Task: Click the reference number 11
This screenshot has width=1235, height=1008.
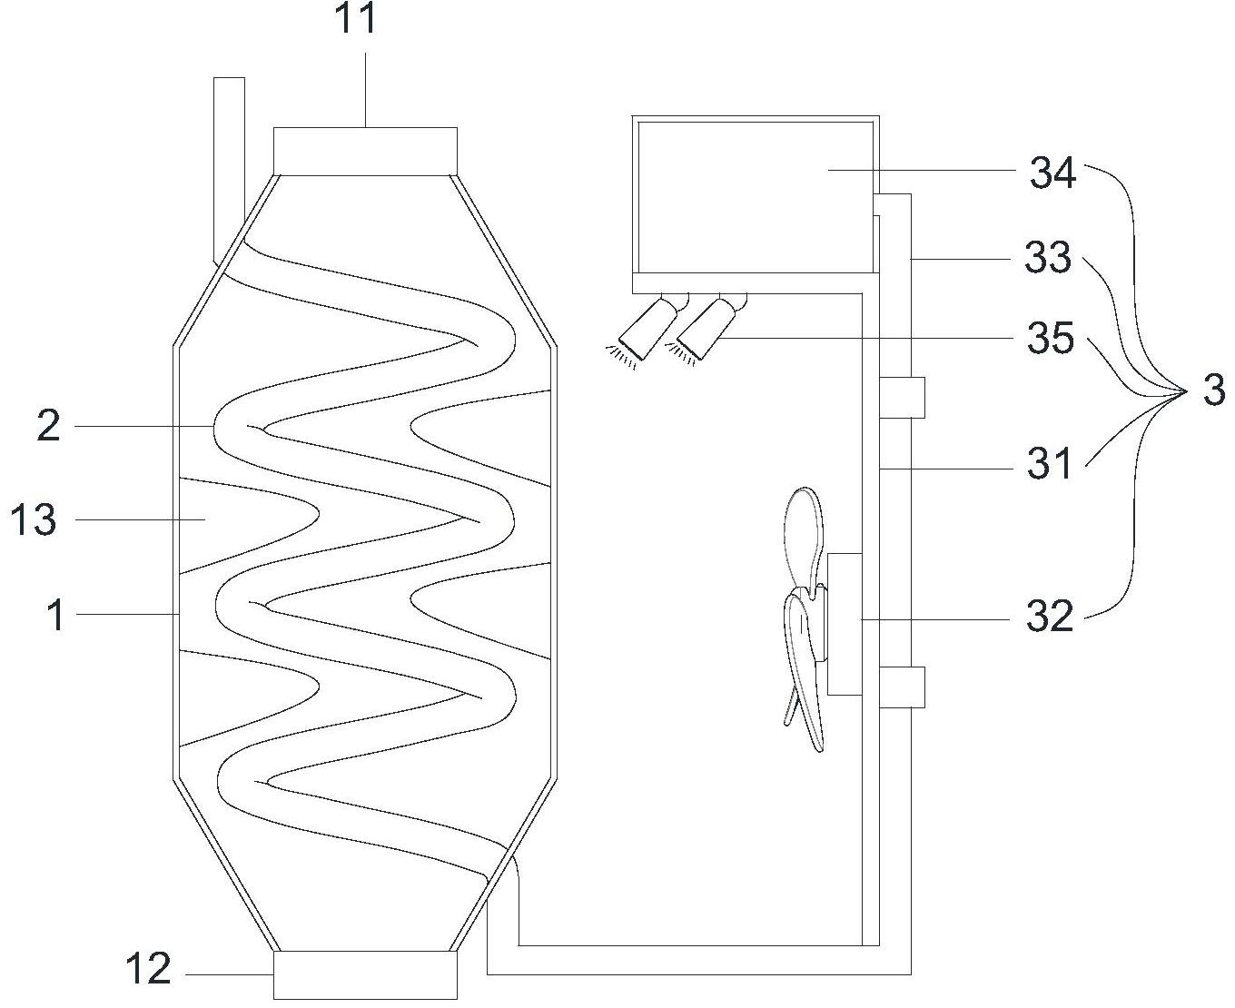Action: pos(357,19)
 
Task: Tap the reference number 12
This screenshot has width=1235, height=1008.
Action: pos(148,970)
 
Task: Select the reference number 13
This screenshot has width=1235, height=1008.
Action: pos(34,520)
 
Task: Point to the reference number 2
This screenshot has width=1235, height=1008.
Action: pos(48,426)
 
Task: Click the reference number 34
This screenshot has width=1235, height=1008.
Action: pos(1052,173)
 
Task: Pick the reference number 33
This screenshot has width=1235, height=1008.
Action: pos(1048,258)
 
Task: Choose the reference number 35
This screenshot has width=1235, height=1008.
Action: pos(1051,339)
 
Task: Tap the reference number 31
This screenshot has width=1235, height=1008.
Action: pos(1050,465)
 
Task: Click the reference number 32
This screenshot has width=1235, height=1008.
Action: pos(1050,618)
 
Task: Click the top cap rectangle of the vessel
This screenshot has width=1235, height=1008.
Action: pos(365,151)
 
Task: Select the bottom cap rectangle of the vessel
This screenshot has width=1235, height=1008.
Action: pos(365,974)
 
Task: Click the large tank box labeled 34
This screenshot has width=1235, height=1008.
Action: pos(754,195)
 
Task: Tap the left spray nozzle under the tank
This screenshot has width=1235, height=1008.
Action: pos(647,330)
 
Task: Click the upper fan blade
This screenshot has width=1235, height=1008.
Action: pos(802,536)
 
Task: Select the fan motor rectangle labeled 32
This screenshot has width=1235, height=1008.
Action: pos(844,624)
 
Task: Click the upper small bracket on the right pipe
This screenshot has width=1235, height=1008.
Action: pos(902,397)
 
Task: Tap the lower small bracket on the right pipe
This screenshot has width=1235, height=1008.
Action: pos(902,687)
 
